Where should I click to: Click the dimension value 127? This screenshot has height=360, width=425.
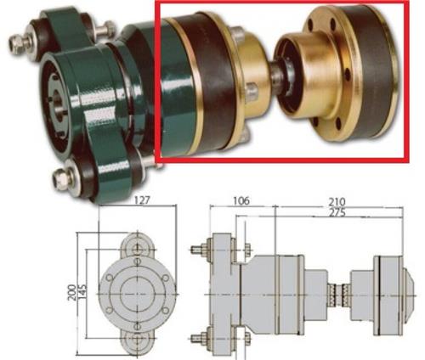[x=142, y=200]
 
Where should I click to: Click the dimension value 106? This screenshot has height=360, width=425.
[x=241, y=201]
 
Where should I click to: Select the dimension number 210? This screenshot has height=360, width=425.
[x=337, y=202]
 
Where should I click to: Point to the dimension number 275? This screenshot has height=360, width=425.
[x=337, y=212]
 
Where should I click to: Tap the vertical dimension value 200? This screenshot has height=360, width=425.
[x=71, y=292]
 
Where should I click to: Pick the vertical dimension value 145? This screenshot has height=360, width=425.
[x=82, y=292]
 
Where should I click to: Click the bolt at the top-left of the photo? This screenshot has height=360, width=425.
[x=20, y=42]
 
